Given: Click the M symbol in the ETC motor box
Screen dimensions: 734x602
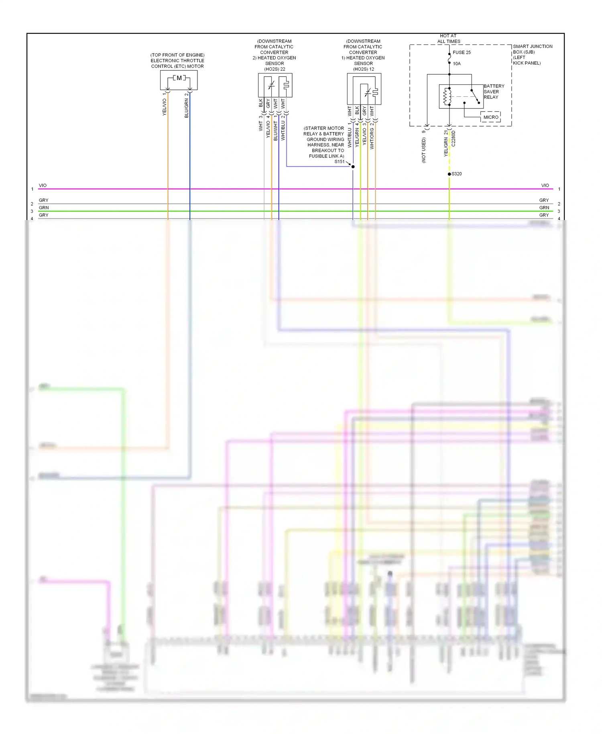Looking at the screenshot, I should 179,78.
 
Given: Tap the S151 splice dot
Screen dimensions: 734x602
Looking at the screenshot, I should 353,167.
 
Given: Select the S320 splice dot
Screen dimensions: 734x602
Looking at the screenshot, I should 449,174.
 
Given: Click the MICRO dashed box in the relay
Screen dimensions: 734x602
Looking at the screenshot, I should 490,117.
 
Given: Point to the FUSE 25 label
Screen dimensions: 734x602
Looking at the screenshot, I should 462,53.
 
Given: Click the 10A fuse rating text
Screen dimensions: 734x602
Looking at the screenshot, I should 457,64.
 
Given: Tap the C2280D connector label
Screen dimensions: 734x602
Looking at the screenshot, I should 454,139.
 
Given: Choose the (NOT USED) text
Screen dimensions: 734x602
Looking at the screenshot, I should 424,150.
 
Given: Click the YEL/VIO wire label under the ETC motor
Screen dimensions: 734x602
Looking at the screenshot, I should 164,107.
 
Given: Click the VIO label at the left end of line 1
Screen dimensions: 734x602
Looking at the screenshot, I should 43,186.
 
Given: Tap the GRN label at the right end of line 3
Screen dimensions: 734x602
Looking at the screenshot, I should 544,208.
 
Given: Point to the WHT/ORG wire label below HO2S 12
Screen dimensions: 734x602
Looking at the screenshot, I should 372,139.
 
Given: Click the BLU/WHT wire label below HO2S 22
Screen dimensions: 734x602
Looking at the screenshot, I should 276,131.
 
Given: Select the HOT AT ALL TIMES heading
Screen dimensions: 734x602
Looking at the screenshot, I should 448,39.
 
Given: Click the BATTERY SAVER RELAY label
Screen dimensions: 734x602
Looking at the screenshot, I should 494,92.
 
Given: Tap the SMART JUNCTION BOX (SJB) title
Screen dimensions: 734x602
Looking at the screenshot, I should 532,49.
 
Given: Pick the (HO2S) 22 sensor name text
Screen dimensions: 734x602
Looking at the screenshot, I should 275,69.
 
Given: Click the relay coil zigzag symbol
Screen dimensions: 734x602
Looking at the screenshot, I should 445,96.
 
